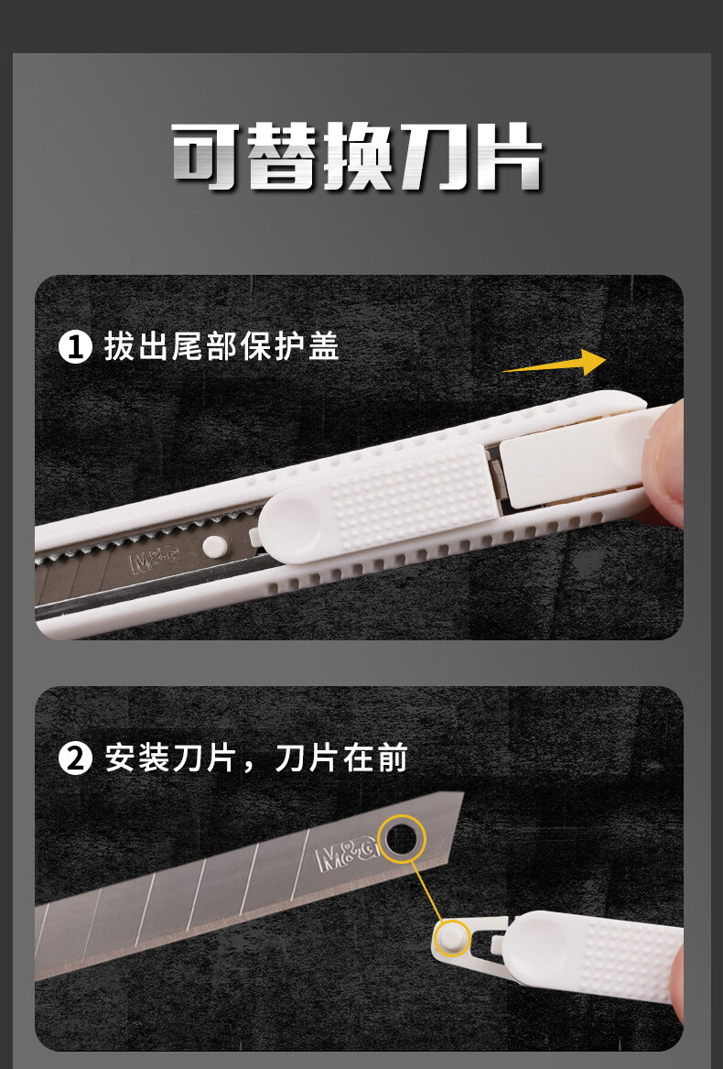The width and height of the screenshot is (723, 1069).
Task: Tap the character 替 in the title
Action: (282, 157)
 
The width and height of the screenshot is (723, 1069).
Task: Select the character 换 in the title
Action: (359, 157)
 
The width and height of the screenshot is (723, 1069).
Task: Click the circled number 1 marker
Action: (75, 347)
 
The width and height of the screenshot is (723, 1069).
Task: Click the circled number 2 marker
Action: (75, 758)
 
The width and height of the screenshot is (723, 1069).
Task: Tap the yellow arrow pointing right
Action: (554, 364)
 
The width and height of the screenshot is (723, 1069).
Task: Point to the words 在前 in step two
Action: (375, 758)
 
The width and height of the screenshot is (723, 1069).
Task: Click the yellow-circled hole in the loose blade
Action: (402, 839)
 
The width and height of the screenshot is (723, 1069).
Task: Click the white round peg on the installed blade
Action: (215, 546)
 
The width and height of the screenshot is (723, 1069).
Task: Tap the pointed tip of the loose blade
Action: (463, 793)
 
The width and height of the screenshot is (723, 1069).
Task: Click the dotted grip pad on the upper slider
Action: (413, 497)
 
